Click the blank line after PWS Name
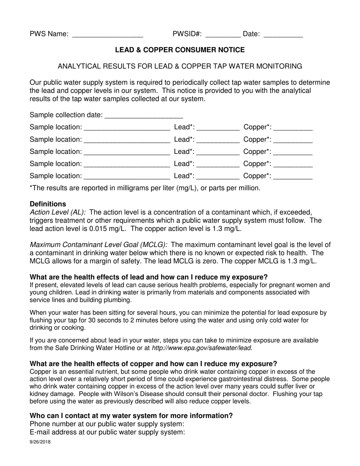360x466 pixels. pos(107,35)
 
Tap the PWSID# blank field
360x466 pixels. pos(222,35)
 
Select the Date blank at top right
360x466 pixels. pos(283,35)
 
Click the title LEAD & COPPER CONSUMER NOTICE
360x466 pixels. pos(180,50)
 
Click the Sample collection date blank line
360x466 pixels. pos(143,116)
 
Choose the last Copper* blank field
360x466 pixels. pos(293,176)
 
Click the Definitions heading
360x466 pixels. pos(48,204)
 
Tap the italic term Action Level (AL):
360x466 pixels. pos(58,213)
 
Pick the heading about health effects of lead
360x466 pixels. pos(149,277)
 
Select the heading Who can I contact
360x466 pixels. pos(131,416)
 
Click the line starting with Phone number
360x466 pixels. pos(107,424)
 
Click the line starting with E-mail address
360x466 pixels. pos(107,432)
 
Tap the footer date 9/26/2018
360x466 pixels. pos(40,442)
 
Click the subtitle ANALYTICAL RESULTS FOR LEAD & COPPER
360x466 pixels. pos(180,66)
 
